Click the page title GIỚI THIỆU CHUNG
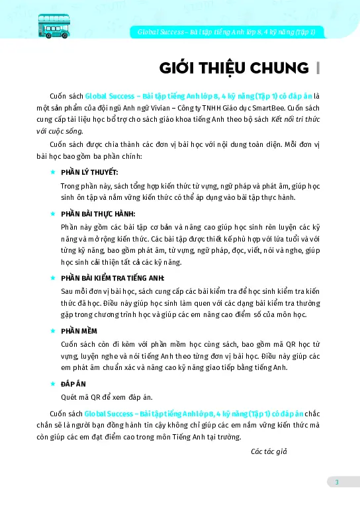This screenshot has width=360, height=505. point(234,68)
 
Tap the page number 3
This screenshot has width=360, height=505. point(336,482)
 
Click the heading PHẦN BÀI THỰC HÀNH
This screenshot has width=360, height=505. point(97,214)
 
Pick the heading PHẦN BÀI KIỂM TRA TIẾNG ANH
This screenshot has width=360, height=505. point(112,278)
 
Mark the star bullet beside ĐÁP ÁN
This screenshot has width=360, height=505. point(53,383)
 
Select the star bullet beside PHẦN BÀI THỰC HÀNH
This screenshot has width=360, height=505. point(53,214)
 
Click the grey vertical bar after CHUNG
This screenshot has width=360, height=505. point(319,68)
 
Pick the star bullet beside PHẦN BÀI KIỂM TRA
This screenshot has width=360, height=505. point(53,278)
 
